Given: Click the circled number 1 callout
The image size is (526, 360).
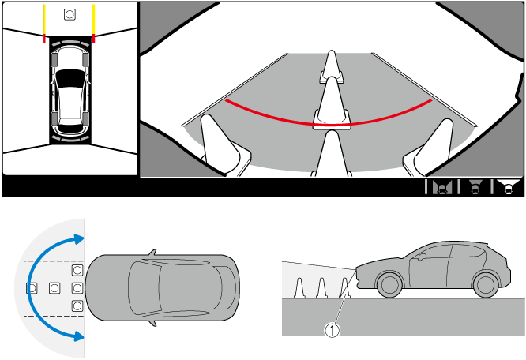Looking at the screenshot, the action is click(x=332, y=331).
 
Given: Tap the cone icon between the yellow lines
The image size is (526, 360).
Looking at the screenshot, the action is click(x=70, y=14).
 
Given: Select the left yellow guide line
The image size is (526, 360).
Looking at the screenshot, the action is click(x=44, y=20).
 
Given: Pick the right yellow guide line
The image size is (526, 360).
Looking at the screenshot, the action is click(x=94, y=20).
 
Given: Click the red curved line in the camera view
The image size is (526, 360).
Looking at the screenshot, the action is click(x=329, y=126).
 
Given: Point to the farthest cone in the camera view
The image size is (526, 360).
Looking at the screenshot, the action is click(x=332, y=66).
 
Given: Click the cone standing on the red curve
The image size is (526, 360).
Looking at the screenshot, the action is click(x=332, y=103).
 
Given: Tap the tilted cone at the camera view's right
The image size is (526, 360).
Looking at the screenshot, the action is click(x=430, y=147).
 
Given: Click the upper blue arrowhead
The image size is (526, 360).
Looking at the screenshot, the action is click(x=79, y=239).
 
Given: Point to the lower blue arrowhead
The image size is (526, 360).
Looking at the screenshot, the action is click(x=79, y=336).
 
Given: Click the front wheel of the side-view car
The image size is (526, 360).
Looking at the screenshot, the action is click(x=389, y=285).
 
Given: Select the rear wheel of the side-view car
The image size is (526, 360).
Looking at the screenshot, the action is click(x=485, y=285).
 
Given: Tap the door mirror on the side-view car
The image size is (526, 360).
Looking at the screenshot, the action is click(x=422, y=257).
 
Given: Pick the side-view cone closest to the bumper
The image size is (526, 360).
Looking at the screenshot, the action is click(x=345, y=288).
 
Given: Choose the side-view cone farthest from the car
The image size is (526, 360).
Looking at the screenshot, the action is click(x=299, y=288).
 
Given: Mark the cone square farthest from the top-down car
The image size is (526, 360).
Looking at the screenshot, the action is click(x=32, y=288).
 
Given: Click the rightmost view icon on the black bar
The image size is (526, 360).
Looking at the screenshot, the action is click(x=509, y=186).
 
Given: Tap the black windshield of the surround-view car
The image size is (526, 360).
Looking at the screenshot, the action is click(x=70, y=78).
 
